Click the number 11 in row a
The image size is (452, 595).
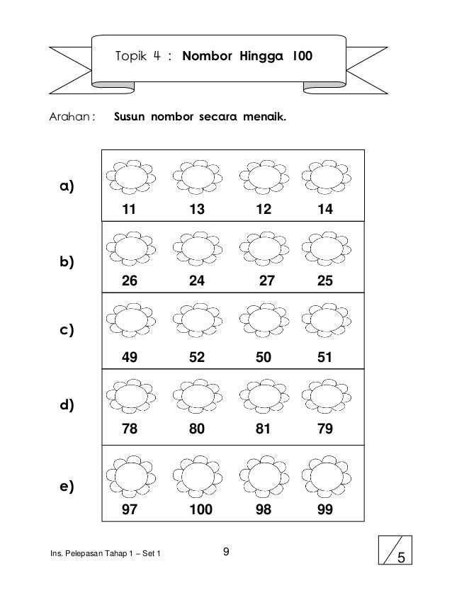click(x=129, y=210)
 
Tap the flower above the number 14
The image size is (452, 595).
click(x=327, y=176)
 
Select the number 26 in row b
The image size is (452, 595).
click(x=130, y=280)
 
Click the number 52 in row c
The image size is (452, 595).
click(x=197, y=358)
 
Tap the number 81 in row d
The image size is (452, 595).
click(x=264, y=429)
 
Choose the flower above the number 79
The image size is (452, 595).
click(x=327, y=395)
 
